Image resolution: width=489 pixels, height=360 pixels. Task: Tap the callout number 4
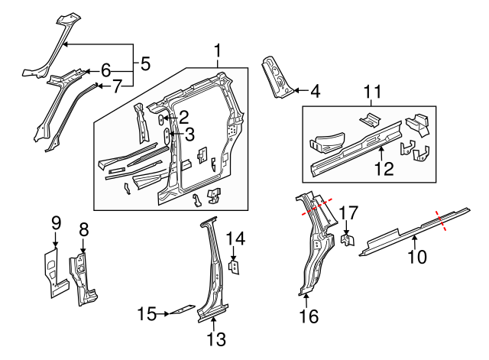[x=314, y=92]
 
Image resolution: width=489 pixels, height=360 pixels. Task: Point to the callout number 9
[x=56, y=223]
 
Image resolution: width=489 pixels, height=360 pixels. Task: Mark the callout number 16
[x=308, y=315]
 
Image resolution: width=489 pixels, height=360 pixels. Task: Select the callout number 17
[x=348, y=213]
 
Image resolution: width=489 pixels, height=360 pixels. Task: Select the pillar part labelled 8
[x=82, y=275]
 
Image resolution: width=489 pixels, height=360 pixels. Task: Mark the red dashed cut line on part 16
[x=317, y=206]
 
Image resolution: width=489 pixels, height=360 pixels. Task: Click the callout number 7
[x=117, y=86]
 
